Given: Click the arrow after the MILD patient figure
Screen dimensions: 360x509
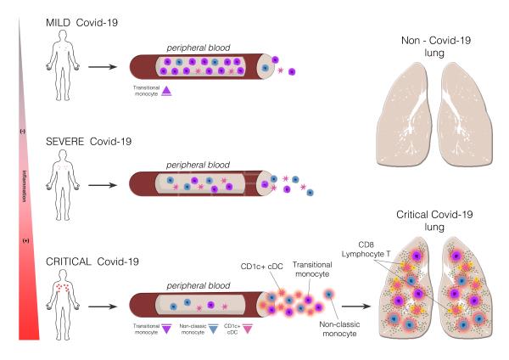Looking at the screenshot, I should click(x=103, y=65).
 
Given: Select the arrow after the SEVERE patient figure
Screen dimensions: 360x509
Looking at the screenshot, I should click(x=103, y=183).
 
